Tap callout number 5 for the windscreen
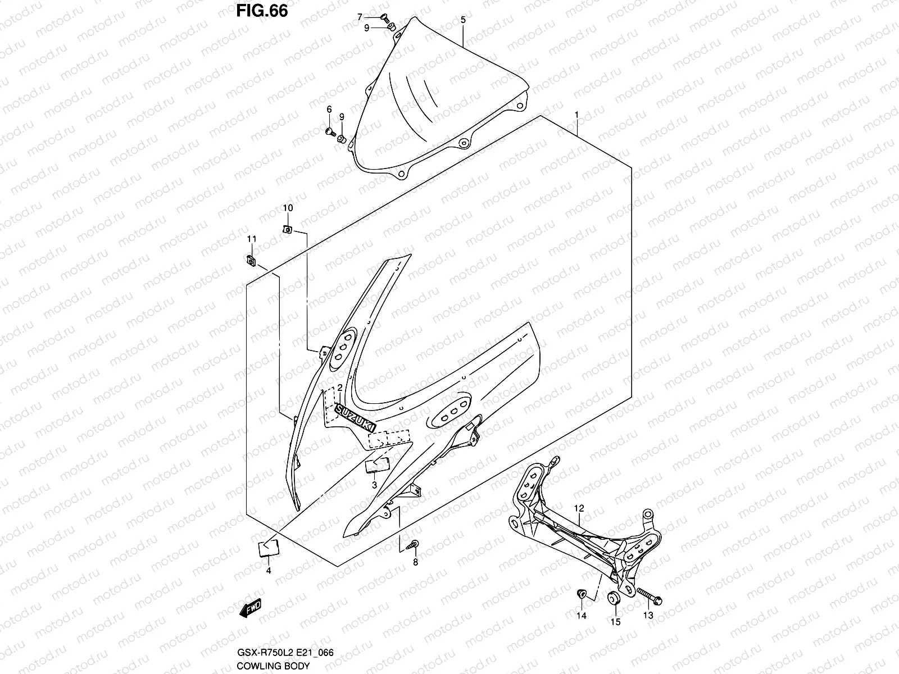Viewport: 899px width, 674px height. (463, 20)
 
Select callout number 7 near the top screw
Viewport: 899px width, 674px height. (360, 17)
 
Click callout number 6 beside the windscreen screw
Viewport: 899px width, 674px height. (329, 109)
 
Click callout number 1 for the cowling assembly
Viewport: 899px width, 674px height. (576, 115)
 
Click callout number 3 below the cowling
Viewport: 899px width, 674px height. (375, 485)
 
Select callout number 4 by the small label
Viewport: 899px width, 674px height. (268, 571)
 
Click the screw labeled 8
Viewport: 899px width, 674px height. (414, 543)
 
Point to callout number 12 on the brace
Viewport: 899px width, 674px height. (579, 508)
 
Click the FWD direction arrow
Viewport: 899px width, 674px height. (250, 608)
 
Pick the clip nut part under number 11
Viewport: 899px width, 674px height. (251, 260)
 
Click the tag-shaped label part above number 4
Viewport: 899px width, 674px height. (269, 548)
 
